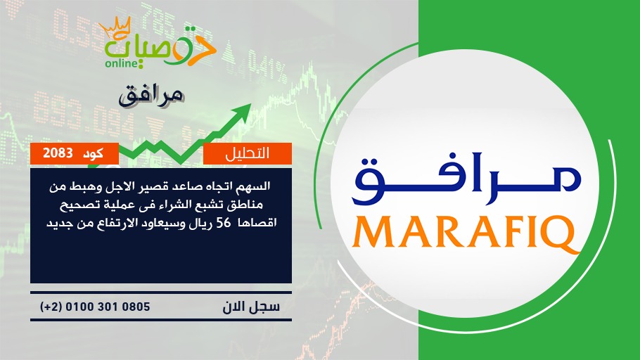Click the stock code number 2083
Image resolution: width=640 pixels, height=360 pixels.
(58, 153)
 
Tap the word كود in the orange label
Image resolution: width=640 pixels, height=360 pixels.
(93, 153)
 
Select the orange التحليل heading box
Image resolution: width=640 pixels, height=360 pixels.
(248, 153)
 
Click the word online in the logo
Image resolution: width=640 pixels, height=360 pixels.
(122, 63)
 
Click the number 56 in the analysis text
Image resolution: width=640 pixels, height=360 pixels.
(224, 223)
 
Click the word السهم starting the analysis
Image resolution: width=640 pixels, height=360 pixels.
(257, 186)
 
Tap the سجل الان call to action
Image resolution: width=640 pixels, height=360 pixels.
(251, 307)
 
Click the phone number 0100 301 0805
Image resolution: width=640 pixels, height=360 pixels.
(108, 307)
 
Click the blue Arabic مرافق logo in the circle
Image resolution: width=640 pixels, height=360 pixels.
(466, 179)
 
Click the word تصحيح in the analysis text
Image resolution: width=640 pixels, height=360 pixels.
(77, 205)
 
